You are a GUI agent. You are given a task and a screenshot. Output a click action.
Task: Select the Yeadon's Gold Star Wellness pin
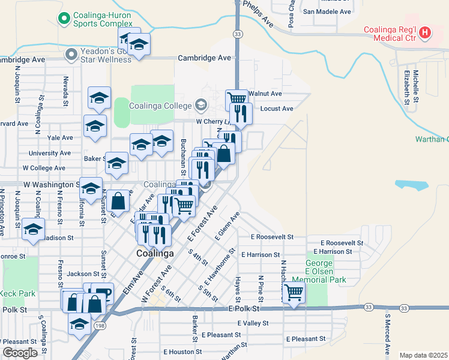pyautogui.click(x=71, y=55)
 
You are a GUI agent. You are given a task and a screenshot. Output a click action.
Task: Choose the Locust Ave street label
pyautogui.click(x=277, y=109)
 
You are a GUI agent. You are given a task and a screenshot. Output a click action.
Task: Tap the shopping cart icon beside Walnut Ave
pyautogui.click(x=237, y=98)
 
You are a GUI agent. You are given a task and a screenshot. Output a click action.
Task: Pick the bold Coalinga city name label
pyautogui.click(x=155, y=253)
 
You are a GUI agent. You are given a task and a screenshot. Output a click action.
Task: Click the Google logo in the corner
pyautogui.click(x=20, y=353)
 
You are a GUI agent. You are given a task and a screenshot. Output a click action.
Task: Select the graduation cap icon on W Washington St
pyautogui.click(x=91, y=189)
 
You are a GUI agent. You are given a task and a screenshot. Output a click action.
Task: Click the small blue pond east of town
pyautogui.click(x=412, y=185)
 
